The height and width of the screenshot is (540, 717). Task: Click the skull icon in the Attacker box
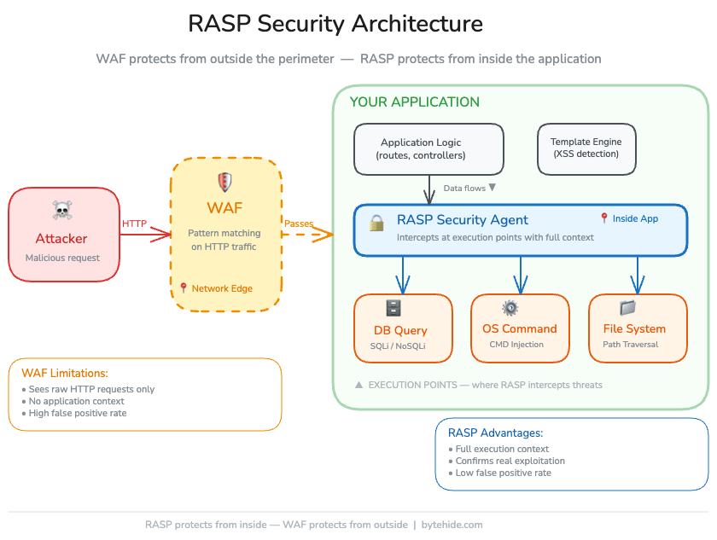click(61, 210)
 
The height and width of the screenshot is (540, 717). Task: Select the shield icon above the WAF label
click(225, 182)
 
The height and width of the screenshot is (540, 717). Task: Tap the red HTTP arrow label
click(134, 224)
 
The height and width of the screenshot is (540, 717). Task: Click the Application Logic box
click(428, 149)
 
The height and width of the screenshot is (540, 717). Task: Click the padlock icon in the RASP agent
click(376, 224)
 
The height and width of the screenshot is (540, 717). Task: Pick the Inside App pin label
click(629, 218)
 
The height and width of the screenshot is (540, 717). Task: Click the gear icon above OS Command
click(510, 308)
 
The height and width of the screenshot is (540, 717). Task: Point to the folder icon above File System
click(628, 308)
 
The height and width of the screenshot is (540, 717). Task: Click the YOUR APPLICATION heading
click(415, 102)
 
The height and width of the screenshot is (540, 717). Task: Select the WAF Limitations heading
click(66, 373)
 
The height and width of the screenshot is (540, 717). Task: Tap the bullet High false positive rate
click(78, 413)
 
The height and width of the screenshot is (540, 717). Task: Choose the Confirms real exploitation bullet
click(510, 461)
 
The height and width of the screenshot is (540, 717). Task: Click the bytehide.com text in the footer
click(452, 525)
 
